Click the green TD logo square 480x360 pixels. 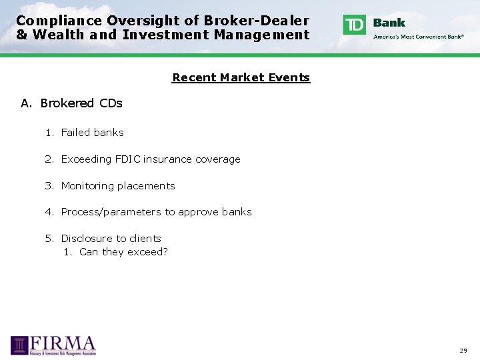point(355,25)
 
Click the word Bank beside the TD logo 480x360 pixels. point(389,22)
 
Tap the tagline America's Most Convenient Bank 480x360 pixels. point(419,37)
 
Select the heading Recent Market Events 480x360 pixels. point(241,77)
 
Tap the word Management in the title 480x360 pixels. point(262,35)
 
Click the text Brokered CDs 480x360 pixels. point(81,103)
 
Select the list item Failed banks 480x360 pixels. point(92,133)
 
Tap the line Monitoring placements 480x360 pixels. point(117,186)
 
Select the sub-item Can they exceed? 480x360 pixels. point(123,252)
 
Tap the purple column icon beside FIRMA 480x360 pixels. point(20,345)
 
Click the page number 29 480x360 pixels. point(463,350)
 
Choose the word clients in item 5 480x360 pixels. point(146,239)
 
